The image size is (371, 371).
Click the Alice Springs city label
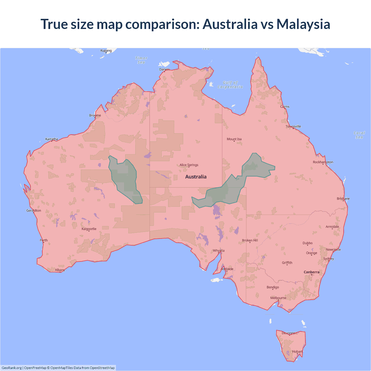[x=189, y=165]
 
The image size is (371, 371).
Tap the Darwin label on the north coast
[x=164, y=69]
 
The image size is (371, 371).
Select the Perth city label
[x=44, y=240]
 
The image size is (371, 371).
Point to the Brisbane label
[x=343, y=199]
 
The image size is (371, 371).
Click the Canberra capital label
[x=312, y=272]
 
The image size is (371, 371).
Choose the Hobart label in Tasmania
[x=297, y=352]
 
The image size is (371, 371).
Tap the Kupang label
[x=106, y=50]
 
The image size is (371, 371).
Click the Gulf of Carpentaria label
[x=230, y=85]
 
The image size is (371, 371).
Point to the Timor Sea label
[x=141, y=60]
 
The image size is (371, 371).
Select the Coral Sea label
[x=359, y=135]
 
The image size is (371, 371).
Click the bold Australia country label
[x=196, y=177]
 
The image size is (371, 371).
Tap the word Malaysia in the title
[x=303, y=24]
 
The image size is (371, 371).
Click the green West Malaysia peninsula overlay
[x=125, y=180]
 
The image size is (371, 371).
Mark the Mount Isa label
[x=234, y=139]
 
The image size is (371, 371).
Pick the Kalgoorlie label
[x=89, y=229]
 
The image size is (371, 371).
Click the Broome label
[x=95, y=115]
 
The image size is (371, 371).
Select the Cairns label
[x=285, y=107]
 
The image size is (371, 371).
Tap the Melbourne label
[x=278, y=298]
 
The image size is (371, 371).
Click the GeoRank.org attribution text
[x=12, y=368]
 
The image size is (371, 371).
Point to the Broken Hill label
[x=250, y=240]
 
